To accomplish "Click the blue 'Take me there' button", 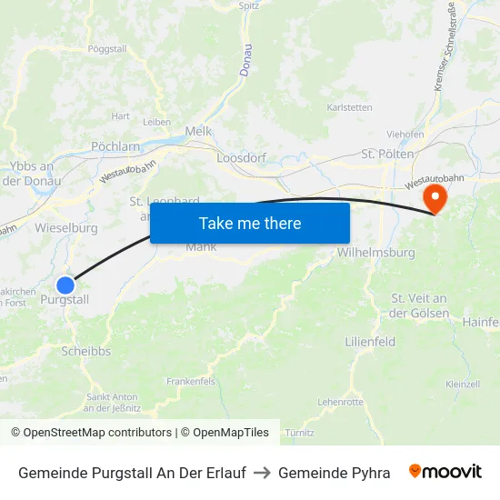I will pos(250,223).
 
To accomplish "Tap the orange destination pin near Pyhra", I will pos(436,198).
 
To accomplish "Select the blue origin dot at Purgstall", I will pos(65,285).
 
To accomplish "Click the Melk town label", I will pos(198,131).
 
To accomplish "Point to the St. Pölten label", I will pos(388,155).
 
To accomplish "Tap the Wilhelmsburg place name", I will pos(375,253).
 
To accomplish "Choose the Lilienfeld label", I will pos(370,342).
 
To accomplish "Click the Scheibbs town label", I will pos(86,350).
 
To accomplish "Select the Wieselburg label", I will pos(66,227).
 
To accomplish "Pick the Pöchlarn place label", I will pos(115,145).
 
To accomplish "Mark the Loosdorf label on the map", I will pos(241,157).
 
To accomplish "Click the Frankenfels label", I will pos(191,382).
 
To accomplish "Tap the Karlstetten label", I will pos(350,107).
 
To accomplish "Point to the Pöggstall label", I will pos(107,48).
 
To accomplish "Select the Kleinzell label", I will pos(463,385).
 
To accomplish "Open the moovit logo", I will pos(445,472).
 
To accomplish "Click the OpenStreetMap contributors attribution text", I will pos(92,433).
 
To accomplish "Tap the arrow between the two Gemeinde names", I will pos(262,473).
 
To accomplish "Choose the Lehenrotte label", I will pos(340,401).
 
